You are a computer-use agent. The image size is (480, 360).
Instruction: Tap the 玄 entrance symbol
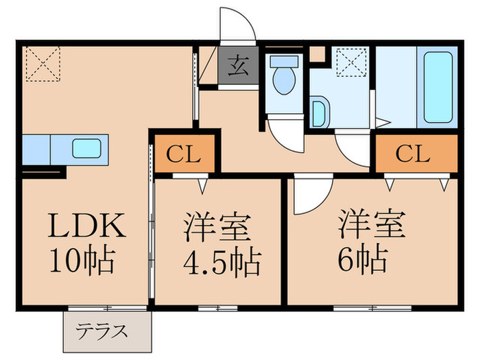tap(237, 67)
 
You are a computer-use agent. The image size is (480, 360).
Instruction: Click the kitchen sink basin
tap(86, 148)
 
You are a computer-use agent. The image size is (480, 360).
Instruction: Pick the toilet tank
tap(283, 60)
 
